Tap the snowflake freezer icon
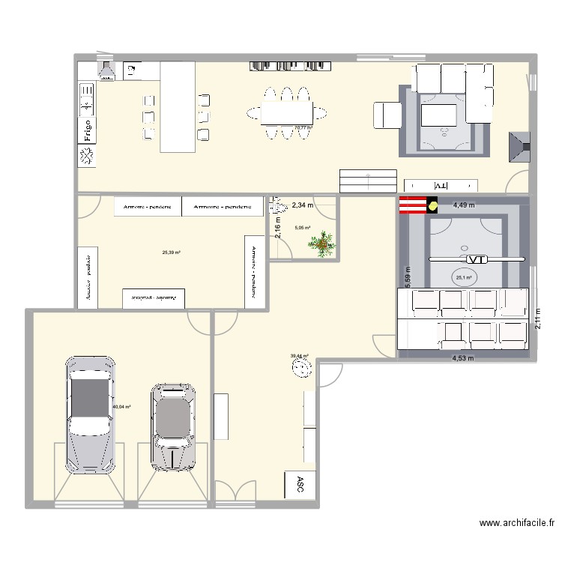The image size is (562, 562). click(87, 156)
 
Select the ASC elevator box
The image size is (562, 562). click(300, 483)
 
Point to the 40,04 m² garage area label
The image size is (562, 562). click(121, 408)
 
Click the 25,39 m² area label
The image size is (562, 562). click(172, 253)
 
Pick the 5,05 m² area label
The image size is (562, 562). click(302, 229)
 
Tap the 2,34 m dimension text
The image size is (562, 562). click(303, 205)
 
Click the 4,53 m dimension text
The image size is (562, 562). click(463, 358)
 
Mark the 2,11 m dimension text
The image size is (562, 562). click(537, 318)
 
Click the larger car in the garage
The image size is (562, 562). click(91, 414)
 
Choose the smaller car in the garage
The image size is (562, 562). click(173, 427)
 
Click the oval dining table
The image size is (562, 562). click(286, 113)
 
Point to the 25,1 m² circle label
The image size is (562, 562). click(463, 278)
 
